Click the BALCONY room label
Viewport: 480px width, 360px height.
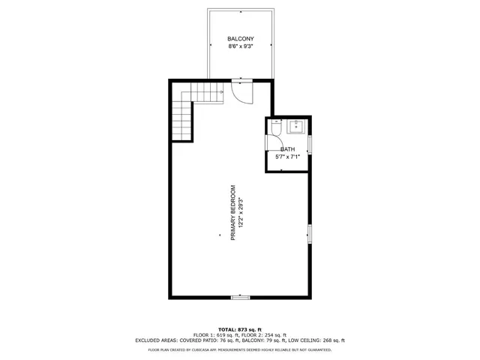pyautogui.click(x=240, y=38)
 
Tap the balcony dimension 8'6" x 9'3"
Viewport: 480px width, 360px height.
pyautogui.click(x=240, y=46)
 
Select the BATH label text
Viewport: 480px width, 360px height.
pyautogui.click(x=288, y=149)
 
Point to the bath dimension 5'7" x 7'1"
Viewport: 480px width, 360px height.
pyautogui.click(x=288, y=157)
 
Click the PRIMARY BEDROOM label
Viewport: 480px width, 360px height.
pyautogui.click(x=232, y=213)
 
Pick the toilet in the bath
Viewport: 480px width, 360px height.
pyautogui.click(x=276, y=129)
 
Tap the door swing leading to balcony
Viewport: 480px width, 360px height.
pyautogui.click(x=242, y=91)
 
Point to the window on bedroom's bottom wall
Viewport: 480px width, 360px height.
pyautogui.click(x=240, y=298)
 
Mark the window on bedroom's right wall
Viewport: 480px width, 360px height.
pyautogui.click(x=308, y=234)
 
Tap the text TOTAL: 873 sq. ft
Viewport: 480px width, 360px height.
pyautogui.click(x=240, y=329)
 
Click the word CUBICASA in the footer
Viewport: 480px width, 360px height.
pyautogui.click(x=223, y=349)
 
